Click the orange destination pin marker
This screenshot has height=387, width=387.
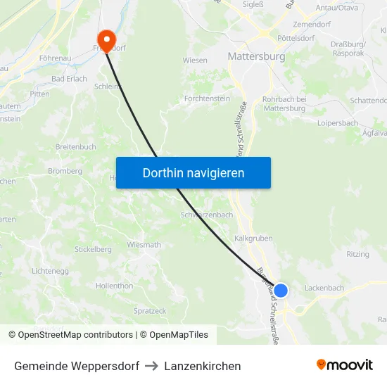106,39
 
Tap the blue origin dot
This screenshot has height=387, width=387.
281,291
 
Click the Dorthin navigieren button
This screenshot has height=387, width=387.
193,172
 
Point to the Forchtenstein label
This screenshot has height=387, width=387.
207,99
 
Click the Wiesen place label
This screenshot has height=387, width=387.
195,61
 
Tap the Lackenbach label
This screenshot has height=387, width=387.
324,288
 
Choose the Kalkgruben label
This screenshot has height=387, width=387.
253,239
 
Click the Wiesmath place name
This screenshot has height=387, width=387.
144,245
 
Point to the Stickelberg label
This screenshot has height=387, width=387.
93,249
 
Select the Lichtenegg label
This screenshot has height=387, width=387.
49,271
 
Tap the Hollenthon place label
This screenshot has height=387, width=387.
114,286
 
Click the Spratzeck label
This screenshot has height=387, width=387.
150,310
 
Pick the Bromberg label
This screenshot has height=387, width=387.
65,171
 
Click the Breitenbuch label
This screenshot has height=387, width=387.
75,147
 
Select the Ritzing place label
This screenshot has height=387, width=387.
357,255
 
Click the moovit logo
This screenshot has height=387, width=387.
344,365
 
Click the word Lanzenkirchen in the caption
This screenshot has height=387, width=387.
203,366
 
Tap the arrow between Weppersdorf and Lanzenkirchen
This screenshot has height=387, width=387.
151,366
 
